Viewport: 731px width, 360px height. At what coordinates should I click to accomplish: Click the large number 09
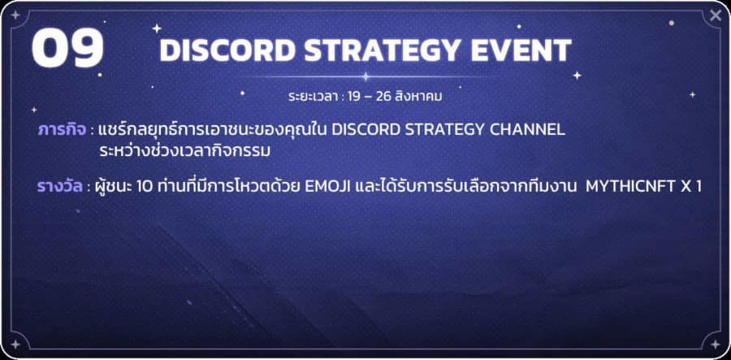pyautogui.click(x=67, y=48)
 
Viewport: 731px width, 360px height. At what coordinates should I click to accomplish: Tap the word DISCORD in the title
pyautogui.click(x=227, y=50)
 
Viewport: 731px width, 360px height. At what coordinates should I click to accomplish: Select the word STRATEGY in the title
pyautogui.click(x=383, y=50)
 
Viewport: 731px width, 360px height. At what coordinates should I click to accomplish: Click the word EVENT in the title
pyautogui.click(x=521, y=50)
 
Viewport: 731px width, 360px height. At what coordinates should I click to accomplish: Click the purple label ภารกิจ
pyautogui.click(x=62, y=130)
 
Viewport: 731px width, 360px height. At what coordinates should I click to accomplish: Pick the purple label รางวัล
pyautogui.click(x=60, y=187)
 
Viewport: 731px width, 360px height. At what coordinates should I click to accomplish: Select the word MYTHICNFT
pyautogui.click(x=627, y=187)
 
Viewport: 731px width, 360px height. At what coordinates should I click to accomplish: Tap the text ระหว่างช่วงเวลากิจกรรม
pyautogui.click(x=185, y=151)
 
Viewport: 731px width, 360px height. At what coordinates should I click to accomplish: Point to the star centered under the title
pyautogui.click(x=366, y=76)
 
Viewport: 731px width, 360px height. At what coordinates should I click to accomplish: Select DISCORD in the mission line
pyautogui.click(x=365, y=130)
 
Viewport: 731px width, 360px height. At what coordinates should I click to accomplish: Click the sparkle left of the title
pyautogui.click(x=157, y=28)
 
